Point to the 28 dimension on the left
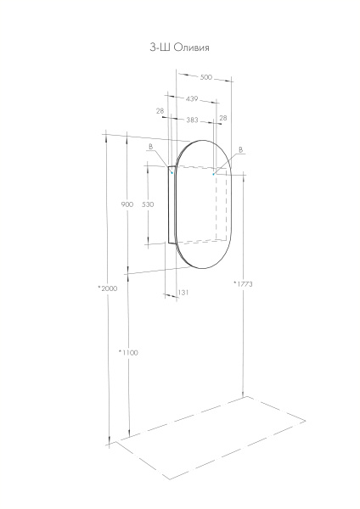pyautogui.click(x=160, y=110)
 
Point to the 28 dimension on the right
pyautogui.click(x=223, y=119)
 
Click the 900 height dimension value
pyautogui.click(x=127, y=204)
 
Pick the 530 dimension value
pyautogui.click(x=148, y=204)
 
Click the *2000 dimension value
pyautogui.click(x=107, y=288)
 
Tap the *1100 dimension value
pyautogui.click(x=127, y=352)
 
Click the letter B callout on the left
pyautogui.click(x=150, y=148)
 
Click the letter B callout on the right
pyautogui.click(x=241, y=150)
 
